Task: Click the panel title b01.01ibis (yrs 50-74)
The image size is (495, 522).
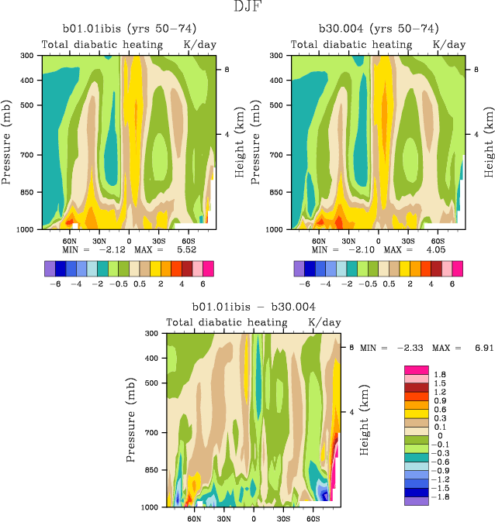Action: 128,29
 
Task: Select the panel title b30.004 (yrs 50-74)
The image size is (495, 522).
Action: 377,29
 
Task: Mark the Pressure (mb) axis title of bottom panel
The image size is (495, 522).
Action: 130,419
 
